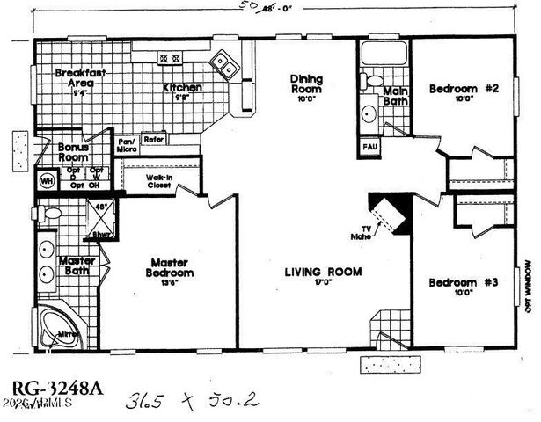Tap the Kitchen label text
point(183,88)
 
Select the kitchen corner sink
point(224,64)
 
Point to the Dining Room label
point(306,84)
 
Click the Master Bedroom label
point(172,267)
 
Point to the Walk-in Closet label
point(159,181)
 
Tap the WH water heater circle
point(46,181)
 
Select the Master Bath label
point(77,266)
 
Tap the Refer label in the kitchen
point(154,139)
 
